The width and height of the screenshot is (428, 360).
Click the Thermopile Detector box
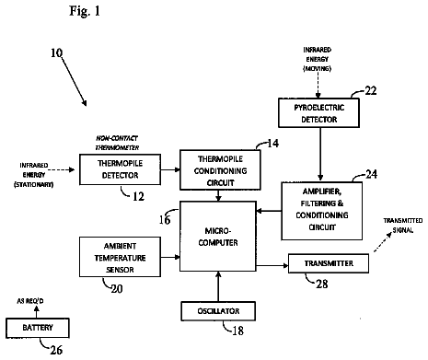click(120, 169)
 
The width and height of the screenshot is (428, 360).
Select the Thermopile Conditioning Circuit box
click(220, 169)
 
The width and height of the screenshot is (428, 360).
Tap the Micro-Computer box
click(218, 237)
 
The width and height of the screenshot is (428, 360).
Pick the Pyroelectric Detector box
click(318, 112)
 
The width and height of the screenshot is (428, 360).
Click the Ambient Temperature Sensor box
click(120, 257)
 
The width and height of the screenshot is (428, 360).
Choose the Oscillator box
click(218, 311)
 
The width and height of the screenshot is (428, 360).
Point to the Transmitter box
click(329, 263)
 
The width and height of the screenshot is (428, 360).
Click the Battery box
click(38, 328)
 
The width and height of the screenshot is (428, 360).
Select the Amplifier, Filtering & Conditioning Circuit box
click(322, 211)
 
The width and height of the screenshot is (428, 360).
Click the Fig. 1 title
click(85, 11)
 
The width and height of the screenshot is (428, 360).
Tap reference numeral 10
click(56, 52)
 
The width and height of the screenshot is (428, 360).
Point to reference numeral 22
click(371, 90)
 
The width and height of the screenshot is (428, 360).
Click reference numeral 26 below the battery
click(56, 350)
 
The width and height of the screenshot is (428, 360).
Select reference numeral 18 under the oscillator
click(237, 331)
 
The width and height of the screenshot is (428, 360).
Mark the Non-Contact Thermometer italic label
click(117, 143)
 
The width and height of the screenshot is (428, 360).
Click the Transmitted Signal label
click(403, 226)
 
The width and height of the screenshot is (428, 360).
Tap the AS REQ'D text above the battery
click(30, 301)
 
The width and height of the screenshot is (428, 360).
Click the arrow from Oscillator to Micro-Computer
click(218, 286)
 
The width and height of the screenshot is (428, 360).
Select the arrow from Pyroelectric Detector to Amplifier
click(320, 154)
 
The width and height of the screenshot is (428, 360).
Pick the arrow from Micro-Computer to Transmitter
click(272, 265)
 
